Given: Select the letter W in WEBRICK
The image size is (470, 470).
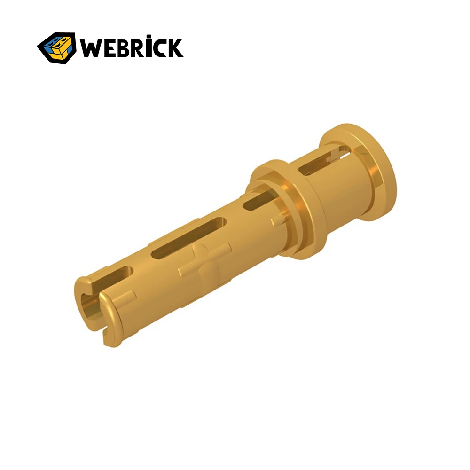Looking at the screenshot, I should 91,48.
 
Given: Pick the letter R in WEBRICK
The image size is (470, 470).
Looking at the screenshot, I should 139,48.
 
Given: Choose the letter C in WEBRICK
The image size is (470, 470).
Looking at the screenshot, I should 162,48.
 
